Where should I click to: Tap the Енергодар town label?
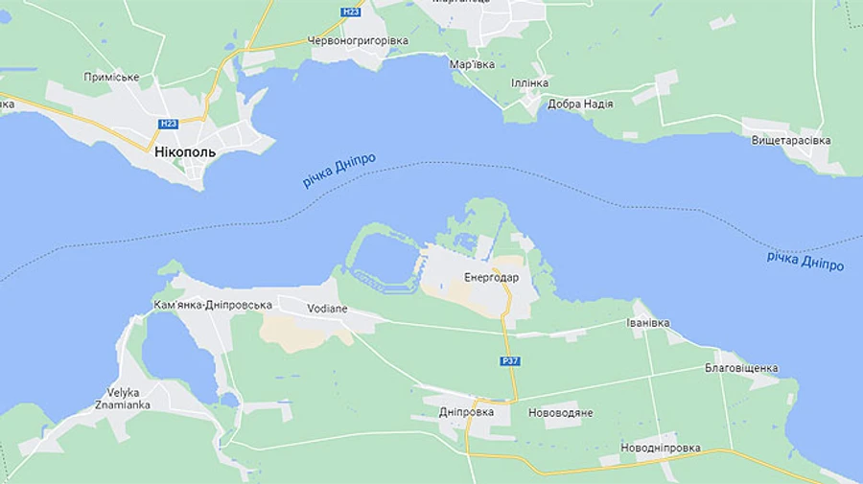tap(491, 278)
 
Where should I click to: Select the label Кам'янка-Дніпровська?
tap(213, 306)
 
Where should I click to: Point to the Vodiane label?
tap(327, 309)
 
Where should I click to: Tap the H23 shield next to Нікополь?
tap(169, 124)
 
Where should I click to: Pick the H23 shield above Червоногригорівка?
tap(351, 12)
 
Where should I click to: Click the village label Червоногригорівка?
tap(358, 41)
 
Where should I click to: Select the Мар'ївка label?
tap(473, 64)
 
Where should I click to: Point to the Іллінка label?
tap(528, 83)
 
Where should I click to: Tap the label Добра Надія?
tap(580, 104)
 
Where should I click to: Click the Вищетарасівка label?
tap(791, 141)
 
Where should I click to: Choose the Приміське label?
tap(111, 77)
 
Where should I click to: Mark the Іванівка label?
tap(648, 323)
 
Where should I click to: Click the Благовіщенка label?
tap(741, 368)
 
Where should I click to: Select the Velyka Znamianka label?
tap(124, 399)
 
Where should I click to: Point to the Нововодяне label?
tap(561, 413)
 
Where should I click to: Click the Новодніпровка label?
tap(661, 448)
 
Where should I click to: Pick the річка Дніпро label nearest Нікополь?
tap(339, 171)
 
